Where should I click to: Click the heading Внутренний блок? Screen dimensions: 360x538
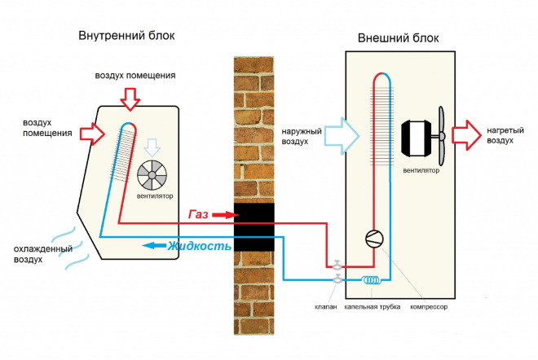(126, 37)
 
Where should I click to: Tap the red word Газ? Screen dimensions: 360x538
(198, 214)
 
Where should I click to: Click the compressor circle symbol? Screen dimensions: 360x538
(374, 239)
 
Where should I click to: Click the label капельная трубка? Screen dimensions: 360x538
(373, 308)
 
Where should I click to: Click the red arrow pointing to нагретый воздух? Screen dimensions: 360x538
(465, 133)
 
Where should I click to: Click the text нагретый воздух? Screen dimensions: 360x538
(499, 134)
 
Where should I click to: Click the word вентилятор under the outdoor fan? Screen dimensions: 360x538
(421, 172)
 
